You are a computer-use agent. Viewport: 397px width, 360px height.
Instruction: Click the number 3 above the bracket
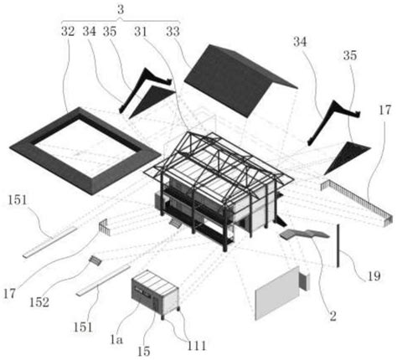(121, 10)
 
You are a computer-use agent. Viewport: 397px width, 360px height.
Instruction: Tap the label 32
(68, 32)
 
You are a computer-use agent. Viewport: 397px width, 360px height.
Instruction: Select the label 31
(141, 33)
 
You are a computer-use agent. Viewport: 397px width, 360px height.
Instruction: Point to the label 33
(173, 32)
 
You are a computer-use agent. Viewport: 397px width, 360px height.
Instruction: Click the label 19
(374, 276)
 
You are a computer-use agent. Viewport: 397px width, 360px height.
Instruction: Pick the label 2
(333, 316)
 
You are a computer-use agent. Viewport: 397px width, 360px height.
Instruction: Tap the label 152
(39, 302)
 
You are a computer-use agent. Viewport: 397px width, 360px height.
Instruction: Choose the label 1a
(116, 340)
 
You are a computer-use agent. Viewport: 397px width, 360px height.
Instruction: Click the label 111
(197, 346)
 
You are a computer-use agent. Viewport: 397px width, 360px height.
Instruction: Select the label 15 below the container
(144, 352)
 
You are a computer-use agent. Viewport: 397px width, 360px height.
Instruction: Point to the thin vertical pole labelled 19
(338, 245)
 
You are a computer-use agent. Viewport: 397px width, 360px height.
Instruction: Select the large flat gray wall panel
(277, 293)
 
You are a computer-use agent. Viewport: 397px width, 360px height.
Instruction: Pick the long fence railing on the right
(358, 200)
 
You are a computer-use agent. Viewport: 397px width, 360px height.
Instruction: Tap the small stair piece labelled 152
(95, 261)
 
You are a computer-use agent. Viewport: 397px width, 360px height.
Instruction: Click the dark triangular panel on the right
(346, 157)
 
